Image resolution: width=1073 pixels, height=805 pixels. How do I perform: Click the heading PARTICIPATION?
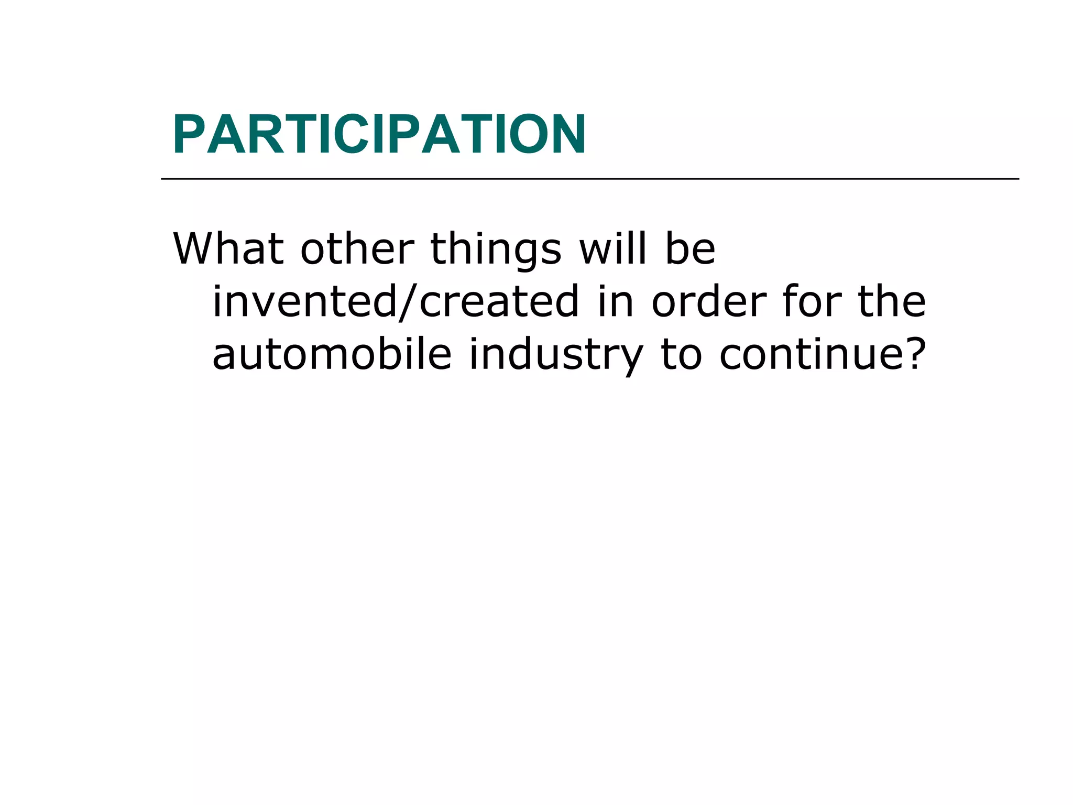[x=379, y=135]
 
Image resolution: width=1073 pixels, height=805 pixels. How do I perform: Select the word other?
[x=357, y=249]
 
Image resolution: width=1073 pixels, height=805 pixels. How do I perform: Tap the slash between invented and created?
[x=409, y=302]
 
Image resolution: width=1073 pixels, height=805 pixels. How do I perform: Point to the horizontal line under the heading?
[x=589, y=179]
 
